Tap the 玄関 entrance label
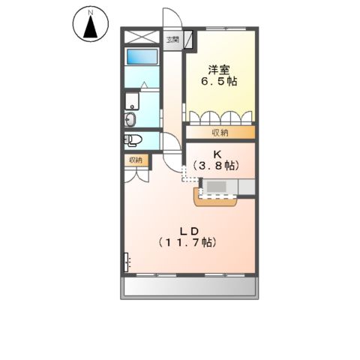[173, 39]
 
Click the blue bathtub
[140, 57]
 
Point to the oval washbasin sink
[131, 118]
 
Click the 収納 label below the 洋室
[219, 133]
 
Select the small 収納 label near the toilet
[136, 160]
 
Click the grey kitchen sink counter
[220, 187]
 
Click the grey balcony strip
[189, 286]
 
